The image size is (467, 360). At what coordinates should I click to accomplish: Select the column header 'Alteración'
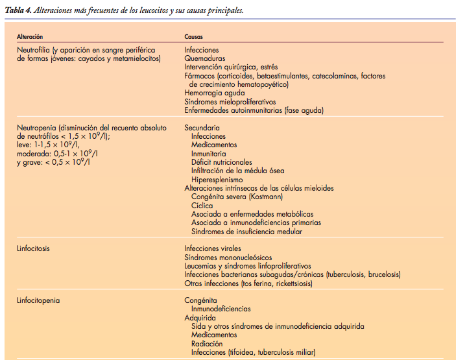[x=30, y=38]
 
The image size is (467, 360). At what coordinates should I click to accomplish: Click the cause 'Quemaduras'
[x=204, y=58]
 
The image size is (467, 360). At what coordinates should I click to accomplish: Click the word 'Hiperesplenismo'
[x=217, y=180]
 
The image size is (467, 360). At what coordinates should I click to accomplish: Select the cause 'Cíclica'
[x=202, y=206]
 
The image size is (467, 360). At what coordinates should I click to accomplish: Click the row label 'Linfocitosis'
[x=34, y=248]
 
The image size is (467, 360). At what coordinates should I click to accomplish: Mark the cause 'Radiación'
[x=207, y=344]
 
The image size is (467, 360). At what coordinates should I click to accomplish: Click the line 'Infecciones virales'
[x=213, y=248]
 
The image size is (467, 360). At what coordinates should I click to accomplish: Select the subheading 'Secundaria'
[x=202, y=128]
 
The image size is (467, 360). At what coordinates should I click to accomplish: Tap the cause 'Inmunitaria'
[x=209, y=154]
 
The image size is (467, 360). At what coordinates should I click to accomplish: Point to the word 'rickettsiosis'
[x=284, y=283]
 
